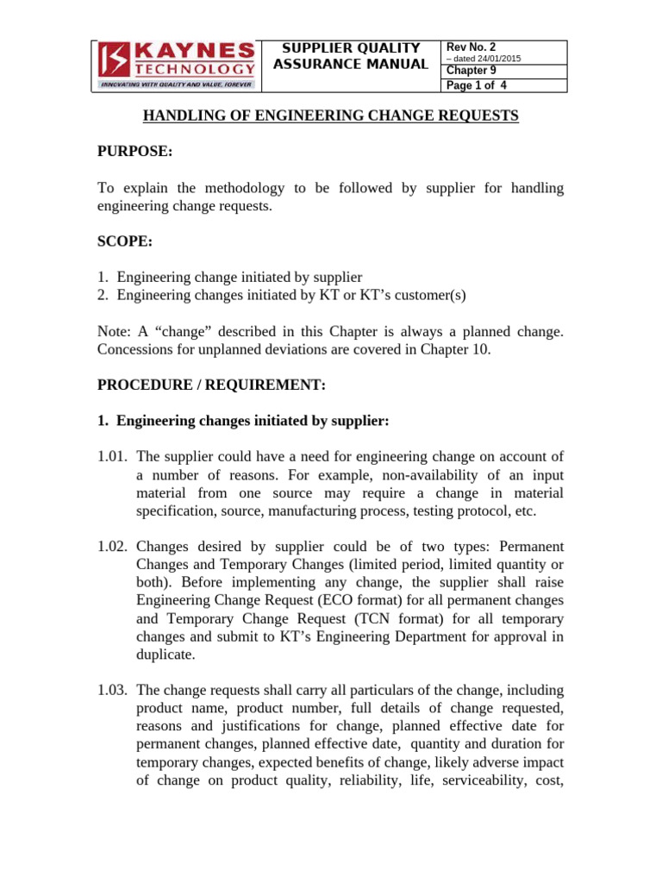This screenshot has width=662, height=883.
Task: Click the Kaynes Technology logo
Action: tap(176, 66)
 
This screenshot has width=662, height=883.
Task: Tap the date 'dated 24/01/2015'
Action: tap(485, 59)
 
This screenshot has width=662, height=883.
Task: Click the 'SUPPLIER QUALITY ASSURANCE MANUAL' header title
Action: tap(350, 56)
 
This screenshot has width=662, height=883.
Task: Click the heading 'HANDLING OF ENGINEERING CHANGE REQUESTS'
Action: tap(330, 116)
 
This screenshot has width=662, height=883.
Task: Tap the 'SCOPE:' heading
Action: tap(125, 242)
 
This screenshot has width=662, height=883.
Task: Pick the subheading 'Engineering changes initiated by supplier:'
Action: tap(253, 421)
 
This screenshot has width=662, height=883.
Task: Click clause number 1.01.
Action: tap(113, 457)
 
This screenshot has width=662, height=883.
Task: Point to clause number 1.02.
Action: tap(113, 547)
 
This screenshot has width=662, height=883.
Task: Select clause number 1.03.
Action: tap(113, 690)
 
